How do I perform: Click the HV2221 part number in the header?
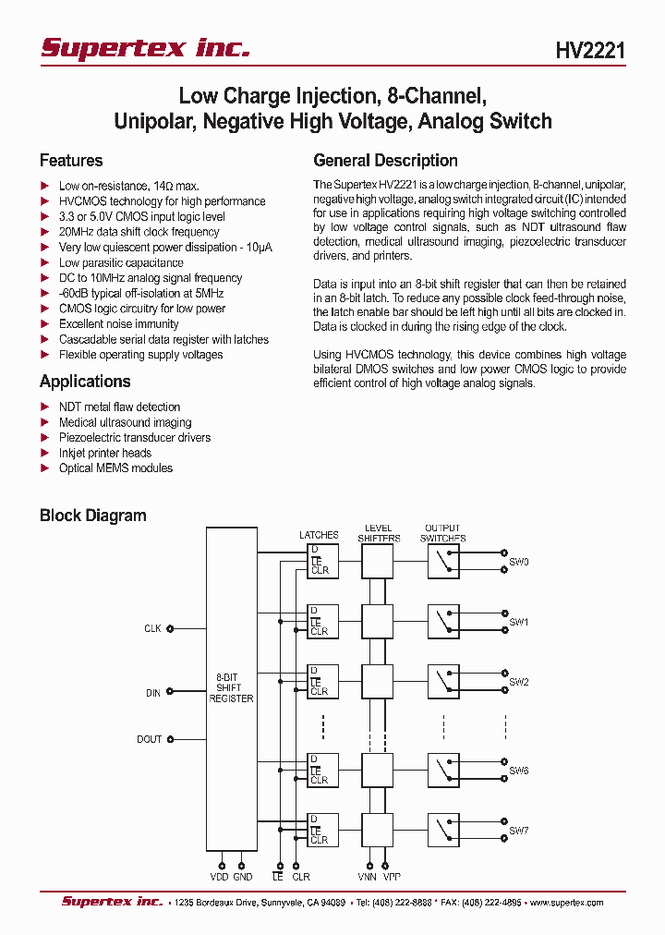tap(590, 51)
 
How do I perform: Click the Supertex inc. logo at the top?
tap(145, 48)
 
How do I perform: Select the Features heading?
tap(71, 160)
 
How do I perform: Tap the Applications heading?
tap(85, 382)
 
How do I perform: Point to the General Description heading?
tap(385, 160)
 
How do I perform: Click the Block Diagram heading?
tap(92, 516)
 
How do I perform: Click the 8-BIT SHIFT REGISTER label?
tap(231, 688)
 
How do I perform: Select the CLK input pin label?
tap(152, 628)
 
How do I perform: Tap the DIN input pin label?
tap(152, 692)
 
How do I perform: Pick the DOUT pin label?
tap(149, 739)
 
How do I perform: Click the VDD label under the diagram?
tap(220, 877)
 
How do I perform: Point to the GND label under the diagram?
tap(244, 877)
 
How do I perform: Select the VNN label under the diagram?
tap(368, 877)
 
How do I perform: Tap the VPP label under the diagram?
tap(392, 877)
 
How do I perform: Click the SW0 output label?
tap(518, 562)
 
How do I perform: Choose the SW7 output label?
tap(518, 831)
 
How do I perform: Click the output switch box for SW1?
tap(443, 620)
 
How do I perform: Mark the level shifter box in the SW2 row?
tap(377, 681)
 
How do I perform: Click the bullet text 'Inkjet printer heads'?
tap(105, 453)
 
